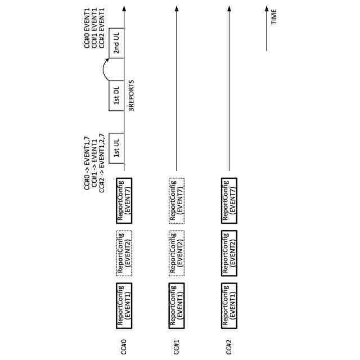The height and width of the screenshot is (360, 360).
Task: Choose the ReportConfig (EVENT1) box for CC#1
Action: [177, 306]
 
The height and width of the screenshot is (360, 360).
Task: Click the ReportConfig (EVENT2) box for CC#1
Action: [177, 253]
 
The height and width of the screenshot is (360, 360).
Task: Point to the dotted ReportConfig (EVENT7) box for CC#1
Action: [177, 199]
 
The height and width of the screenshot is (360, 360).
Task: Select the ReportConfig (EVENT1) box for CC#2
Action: [229, 306]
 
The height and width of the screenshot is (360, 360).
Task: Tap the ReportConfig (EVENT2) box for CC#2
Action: [229, 253]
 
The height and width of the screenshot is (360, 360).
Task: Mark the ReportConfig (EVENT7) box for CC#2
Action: [229, 199]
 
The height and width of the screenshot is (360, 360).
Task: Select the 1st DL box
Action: [116, 96]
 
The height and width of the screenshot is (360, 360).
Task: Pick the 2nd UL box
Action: [116, 43]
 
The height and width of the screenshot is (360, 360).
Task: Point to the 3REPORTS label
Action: [132, 96]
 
